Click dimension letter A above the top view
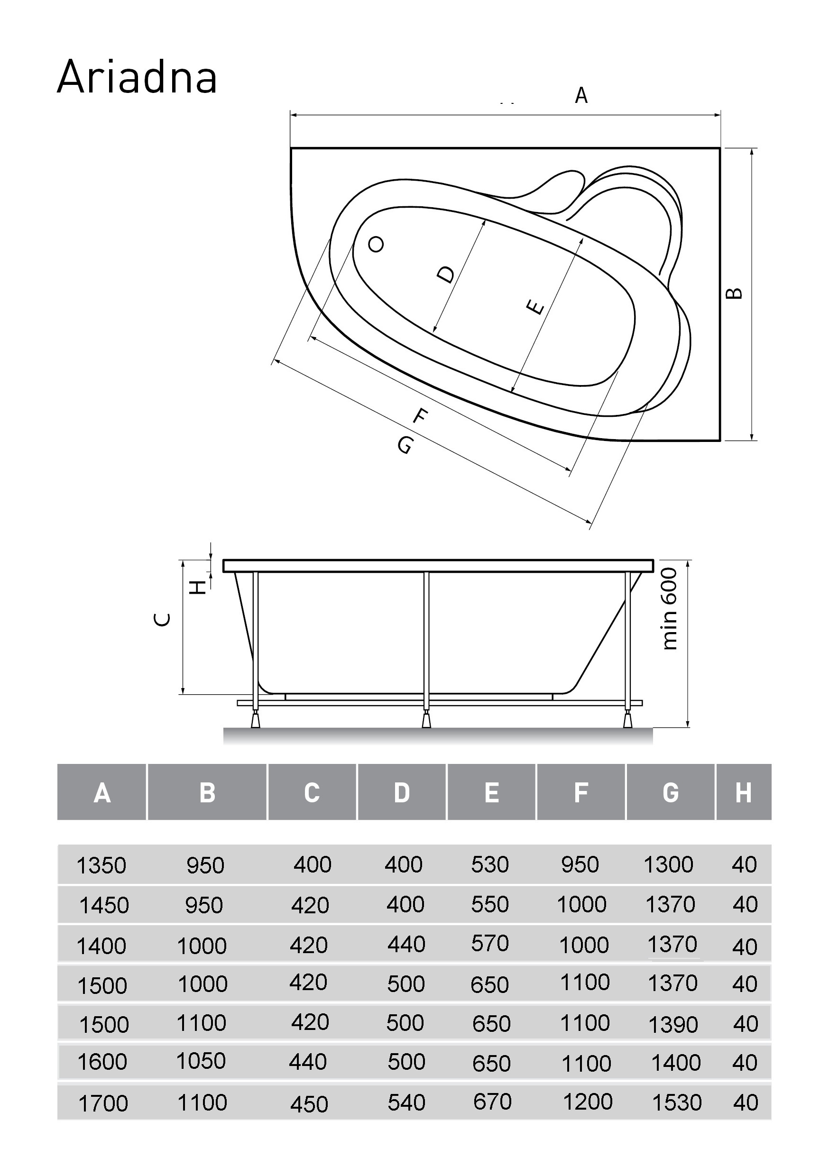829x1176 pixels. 580,96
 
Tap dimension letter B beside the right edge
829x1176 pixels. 735,294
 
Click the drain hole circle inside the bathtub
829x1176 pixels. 376,244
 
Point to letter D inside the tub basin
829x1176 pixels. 446,274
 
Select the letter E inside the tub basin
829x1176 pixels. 535,307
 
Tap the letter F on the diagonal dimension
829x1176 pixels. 420,416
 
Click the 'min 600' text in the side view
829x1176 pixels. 670,609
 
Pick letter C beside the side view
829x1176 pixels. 162,620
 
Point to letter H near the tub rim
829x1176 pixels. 198,587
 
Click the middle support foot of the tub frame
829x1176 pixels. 426,720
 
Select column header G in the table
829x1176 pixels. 670,793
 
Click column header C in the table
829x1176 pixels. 312,793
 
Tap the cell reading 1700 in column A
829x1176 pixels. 102,1103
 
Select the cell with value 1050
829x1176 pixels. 201,1061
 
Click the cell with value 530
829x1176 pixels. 490,864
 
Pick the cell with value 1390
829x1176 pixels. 672,1024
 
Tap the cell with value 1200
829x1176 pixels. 588,1102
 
